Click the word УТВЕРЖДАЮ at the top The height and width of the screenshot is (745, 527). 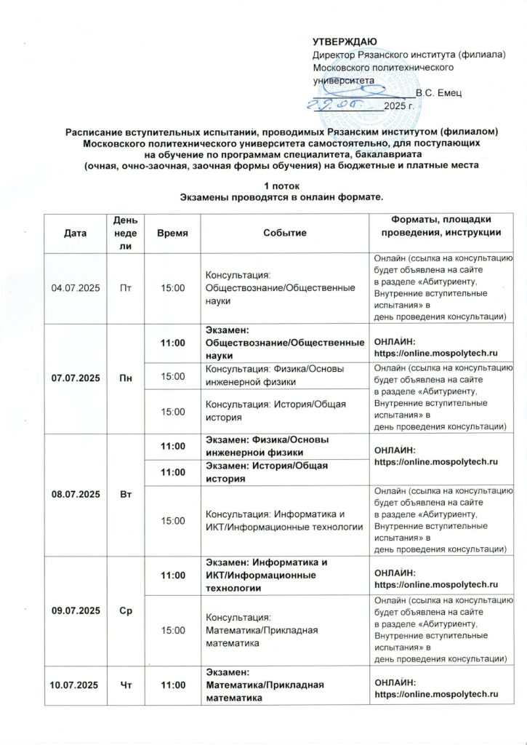345,41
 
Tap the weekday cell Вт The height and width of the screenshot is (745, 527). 125,495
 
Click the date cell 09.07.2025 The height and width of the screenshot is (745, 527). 74,607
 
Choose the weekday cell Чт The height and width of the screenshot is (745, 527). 125,685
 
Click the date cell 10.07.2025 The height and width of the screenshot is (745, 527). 74,685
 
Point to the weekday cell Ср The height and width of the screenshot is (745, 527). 125,607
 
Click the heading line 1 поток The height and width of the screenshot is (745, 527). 263,186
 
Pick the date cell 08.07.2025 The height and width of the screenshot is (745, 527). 74,495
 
